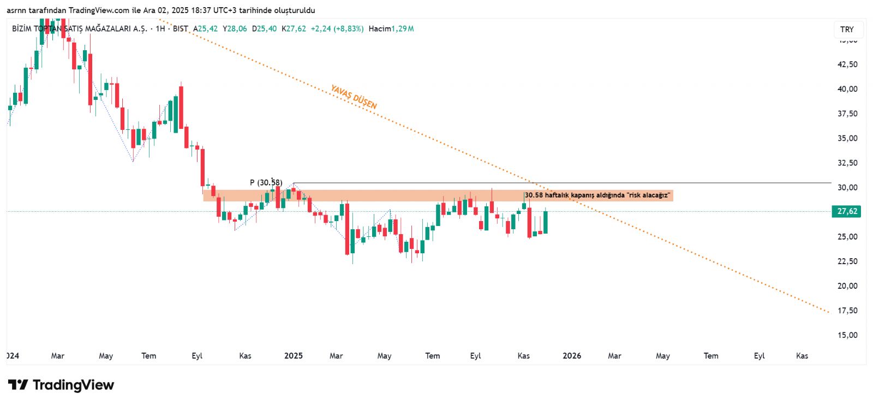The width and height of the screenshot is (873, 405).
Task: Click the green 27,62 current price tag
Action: pos(846,211)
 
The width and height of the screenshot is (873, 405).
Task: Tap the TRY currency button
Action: pos(847,29)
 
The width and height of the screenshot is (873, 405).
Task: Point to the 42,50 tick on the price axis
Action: pos(847,64)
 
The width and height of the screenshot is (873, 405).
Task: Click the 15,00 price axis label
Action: pos(847,335)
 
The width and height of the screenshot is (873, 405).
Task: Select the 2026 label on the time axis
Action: pos(572,356)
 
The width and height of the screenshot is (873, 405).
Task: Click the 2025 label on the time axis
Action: pos(294,356)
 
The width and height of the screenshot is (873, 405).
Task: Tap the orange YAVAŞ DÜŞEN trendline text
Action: pos(354,97)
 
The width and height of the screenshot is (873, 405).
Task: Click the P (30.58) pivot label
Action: pos(266,182)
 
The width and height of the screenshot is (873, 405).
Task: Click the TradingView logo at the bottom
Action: pos(61,385)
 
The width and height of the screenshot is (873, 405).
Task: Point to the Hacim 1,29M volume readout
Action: pos(391,29)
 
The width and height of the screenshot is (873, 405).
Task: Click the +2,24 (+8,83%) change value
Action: pos(337,29)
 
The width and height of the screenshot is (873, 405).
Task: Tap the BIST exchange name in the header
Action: pos(181,29)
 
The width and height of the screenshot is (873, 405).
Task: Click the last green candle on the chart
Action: pos(545,222)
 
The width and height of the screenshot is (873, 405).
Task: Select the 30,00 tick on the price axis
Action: pos(847,188)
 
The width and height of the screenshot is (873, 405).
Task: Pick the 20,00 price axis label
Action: pos(847,286)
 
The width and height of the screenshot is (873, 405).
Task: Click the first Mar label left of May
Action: pos(57,356)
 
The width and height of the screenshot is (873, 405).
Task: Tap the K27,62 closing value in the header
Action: pos(294,29)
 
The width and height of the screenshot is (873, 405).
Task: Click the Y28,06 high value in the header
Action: pos(235,29)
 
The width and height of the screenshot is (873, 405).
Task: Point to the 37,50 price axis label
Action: pos(847,114)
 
